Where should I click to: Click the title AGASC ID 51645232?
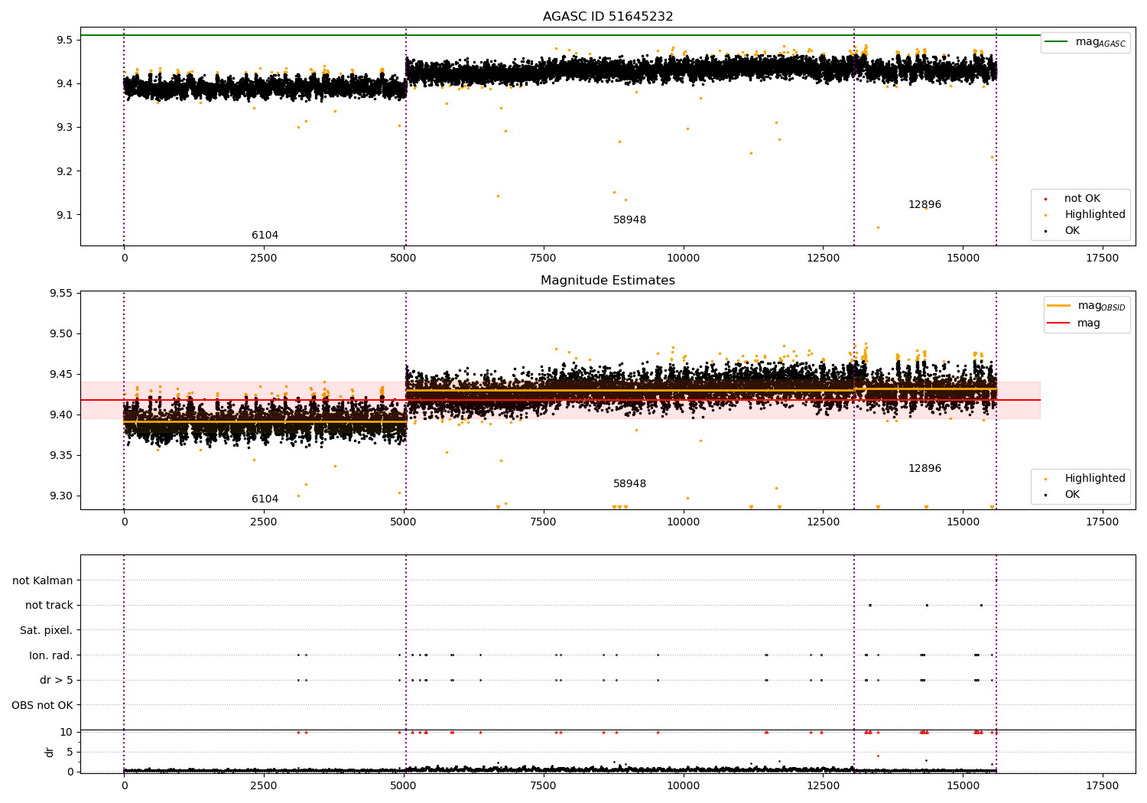608,16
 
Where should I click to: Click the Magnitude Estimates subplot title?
608,280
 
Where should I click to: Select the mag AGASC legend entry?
1086,42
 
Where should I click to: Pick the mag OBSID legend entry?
1086,306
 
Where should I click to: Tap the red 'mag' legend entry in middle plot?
1074,323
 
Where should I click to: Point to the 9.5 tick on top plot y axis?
64,40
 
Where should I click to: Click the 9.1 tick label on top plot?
64,215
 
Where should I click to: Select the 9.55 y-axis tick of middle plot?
61,294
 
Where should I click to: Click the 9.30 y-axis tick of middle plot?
61,496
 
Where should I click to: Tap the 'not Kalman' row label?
43,580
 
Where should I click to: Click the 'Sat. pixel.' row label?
46,630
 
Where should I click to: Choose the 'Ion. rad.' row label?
50,655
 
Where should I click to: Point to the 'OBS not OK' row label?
42,705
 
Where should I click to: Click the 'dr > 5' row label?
57,680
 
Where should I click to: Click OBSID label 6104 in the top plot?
265,235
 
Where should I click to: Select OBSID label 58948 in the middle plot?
629,483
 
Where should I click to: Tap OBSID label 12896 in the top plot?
924,204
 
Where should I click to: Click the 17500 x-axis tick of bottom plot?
1102,785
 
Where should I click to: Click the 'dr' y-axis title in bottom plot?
49,752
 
